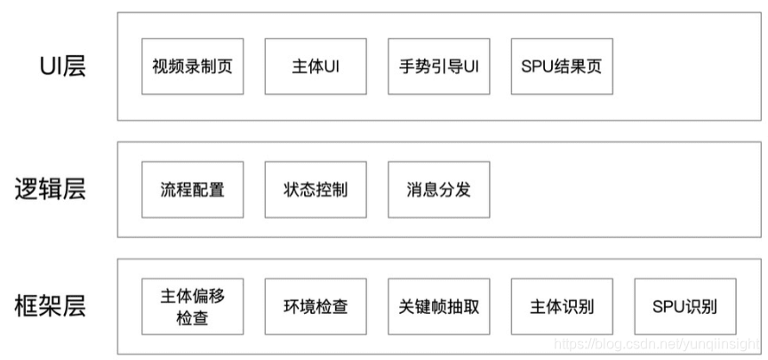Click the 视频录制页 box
click(x=192, y=67)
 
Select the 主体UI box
click(x=315, y=67)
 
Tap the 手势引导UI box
click(x=439, y=67)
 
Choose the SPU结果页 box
click(x=562, y=67)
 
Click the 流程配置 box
click(x=192, y=189)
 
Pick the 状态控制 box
click(x=315, y=189)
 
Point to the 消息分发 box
click(x=439, y=189)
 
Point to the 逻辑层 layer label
click(x=51, y=189)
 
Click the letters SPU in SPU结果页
click(x=538, y=67)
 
